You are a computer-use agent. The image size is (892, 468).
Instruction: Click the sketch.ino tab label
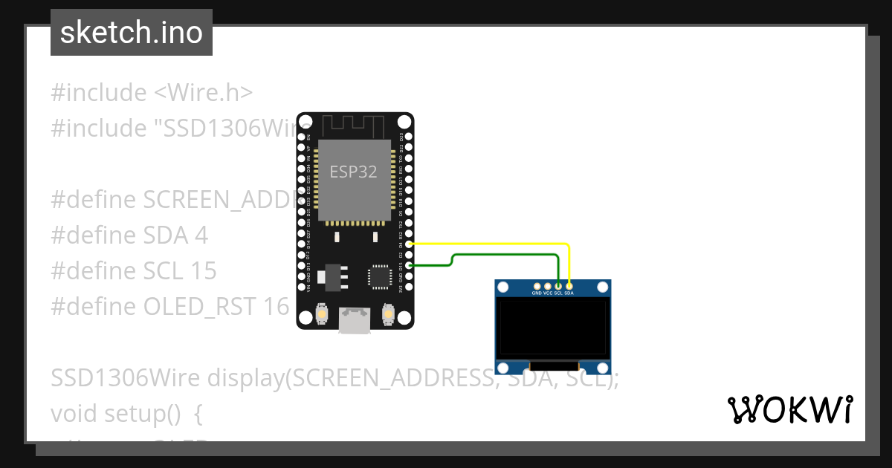click(132, 33)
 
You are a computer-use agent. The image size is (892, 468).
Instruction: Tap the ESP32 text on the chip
click(353, 172)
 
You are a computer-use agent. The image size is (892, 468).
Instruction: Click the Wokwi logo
click(789, 409)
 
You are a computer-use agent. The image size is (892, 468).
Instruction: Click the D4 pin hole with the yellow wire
click(408, 244)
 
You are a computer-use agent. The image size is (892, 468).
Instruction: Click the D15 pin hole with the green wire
click(408, 265)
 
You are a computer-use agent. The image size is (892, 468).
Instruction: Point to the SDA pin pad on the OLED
click(569, 285)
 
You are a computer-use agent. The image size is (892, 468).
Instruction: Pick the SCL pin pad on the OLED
click(558, 285)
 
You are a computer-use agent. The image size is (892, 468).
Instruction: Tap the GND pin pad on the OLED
click(537, 285)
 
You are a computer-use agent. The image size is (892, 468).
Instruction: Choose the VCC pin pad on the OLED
click(548, 285)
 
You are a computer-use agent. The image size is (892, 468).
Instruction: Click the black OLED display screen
click(554, 327)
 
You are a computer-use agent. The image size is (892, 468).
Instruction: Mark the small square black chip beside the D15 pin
click(380, 276)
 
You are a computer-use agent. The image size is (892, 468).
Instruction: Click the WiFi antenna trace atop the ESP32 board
click(355, 125)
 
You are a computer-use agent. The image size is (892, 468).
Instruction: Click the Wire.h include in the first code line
click(203, 93)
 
